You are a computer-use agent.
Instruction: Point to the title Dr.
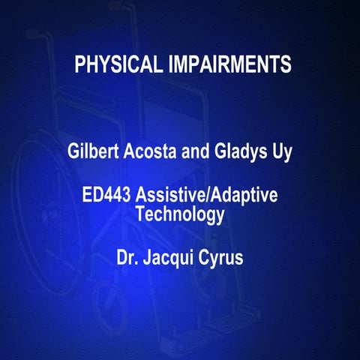coord(127,259)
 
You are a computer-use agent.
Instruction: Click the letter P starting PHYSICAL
coord(79,64)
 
